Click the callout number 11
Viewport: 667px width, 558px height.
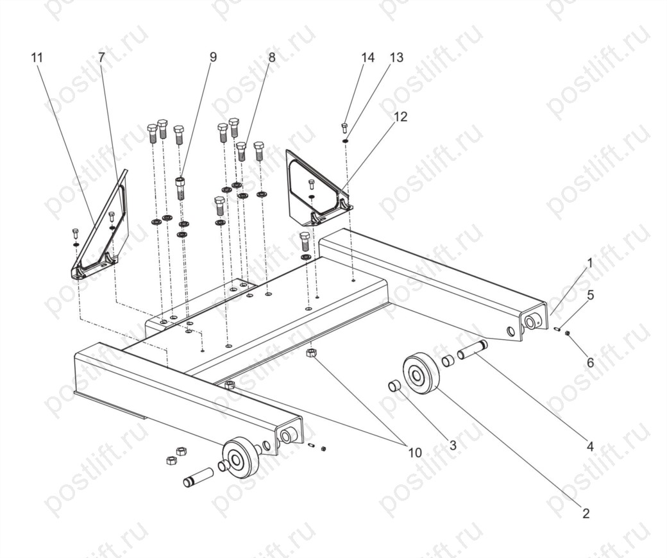click(x=37, y=58)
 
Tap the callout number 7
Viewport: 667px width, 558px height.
click(x=101, y=58)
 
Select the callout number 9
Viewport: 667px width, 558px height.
click(x=213, y=57)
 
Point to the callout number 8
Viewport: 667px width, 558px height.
click(x=272, y=57)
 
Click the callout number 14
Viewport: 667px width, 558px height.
click(x=368, y=58)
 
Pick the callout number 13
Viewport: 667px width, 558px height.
click(x=396, y=58)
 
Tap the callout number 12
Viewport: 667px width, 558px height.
click(x=400, y=117)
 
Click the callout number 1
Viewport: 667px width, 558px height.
click(x=589, y=264)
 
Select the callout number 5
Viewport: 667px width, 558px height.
click(x=591, y=295)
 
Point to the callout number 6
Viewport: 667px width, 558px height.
click(x=591, y=362)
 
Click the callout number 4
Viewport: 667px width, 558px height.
click(x=590, y=446)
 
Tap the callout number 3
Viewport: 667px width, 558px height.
click(x=453, y=445)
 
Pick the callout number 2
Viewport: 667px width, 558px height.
click(x=586, y=513)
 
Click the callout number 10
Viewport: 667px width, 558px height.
click(x=415, y=453)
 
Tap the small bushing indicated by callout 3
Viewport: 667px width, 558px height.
click(x=394, y=386)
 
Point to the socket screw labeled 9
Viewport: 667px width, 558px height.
click(x=181, y=189)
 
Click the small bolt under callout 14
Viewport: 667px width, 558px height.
click(x=345, y=128)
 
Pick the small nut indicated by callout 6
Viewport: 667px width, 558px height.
click(x=567, y=334)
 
